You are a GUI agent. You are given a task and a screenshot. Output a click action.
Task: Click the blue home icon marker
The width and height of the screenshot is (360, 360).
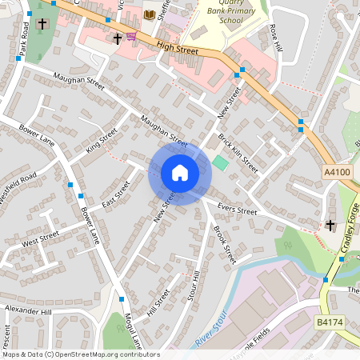click(x=179, y=173)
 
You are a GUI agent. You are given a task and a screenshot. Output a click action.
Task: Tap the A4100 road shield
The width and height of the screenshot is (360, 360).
click(x=337, y=172)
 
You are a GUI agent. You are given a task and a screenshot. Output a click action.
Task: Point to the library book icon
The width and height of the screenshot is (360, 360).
click(x=149, y=14)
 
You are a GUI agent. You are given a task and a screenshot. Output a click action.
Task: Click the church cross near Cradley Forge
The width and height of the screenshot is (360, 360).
click(x=330, y=226)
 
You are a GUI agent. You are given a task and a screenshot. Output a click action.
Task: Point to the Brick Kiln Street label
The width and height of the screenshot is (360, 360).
click(x=238, y=153)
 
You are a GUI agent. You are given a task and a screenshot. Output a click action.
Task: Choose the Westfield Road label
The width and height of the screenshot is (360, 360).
click(x=18, y=190)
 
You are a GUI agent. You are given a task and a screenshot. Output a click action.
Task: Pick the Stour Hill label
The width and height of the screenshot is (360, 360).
click(x=193, y=286)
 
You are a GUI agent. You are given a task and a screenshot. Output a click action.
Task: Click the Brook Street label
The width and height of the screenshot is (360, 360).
click(x=225, y=244)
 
